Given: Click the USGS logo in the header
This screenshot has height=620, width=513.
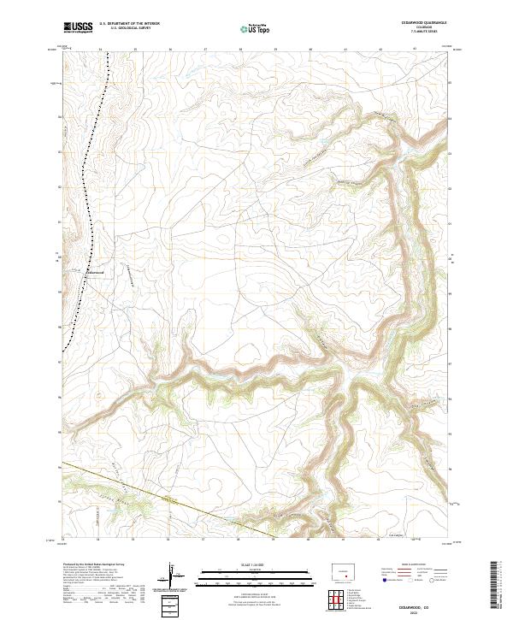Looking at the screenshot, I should pos(78,27).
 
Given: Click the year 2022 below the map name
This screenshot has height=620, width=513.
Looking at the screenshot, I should pos(414,612).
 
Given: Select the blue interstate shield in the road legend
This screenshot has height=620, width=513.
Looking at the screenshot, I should pos(384,581).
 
